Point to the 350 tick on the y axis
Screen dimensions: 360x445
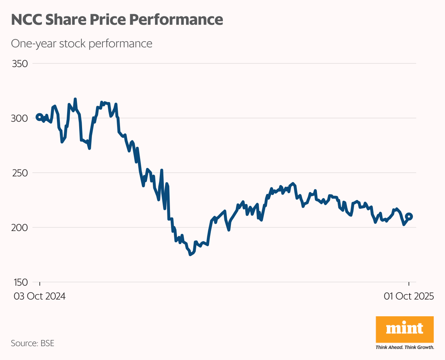click(x=20, y=64)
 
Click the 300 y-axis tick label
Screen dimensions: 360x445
click(x=20, y=118)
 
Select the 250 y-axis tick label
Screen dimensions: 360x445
click(x=20, y=173)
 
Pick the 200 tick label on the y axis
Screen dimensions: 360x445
click(x=20, y=227)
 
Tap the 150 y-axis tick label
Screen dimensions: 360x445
click(x=20, y=282)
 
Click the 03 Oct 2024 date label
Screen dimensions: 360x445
click(x=40, y=296)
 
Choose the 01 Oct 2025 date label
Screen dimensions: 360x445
click(x=409, y=296)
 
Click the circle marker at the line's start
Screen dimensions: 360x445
click(x=39, y=117)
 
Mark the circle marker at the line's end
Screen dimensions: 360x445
click(x=409, y=216)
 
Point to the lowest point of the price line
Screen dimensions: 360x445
click(x=190, y=255)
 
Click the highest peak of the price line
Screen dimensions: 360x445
click(x=75, y=99)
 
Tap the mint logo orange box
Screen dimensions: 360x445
click(x=405, y=329)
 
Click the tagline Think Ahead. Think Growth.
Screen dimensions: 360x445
click(x=405, y=347)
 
